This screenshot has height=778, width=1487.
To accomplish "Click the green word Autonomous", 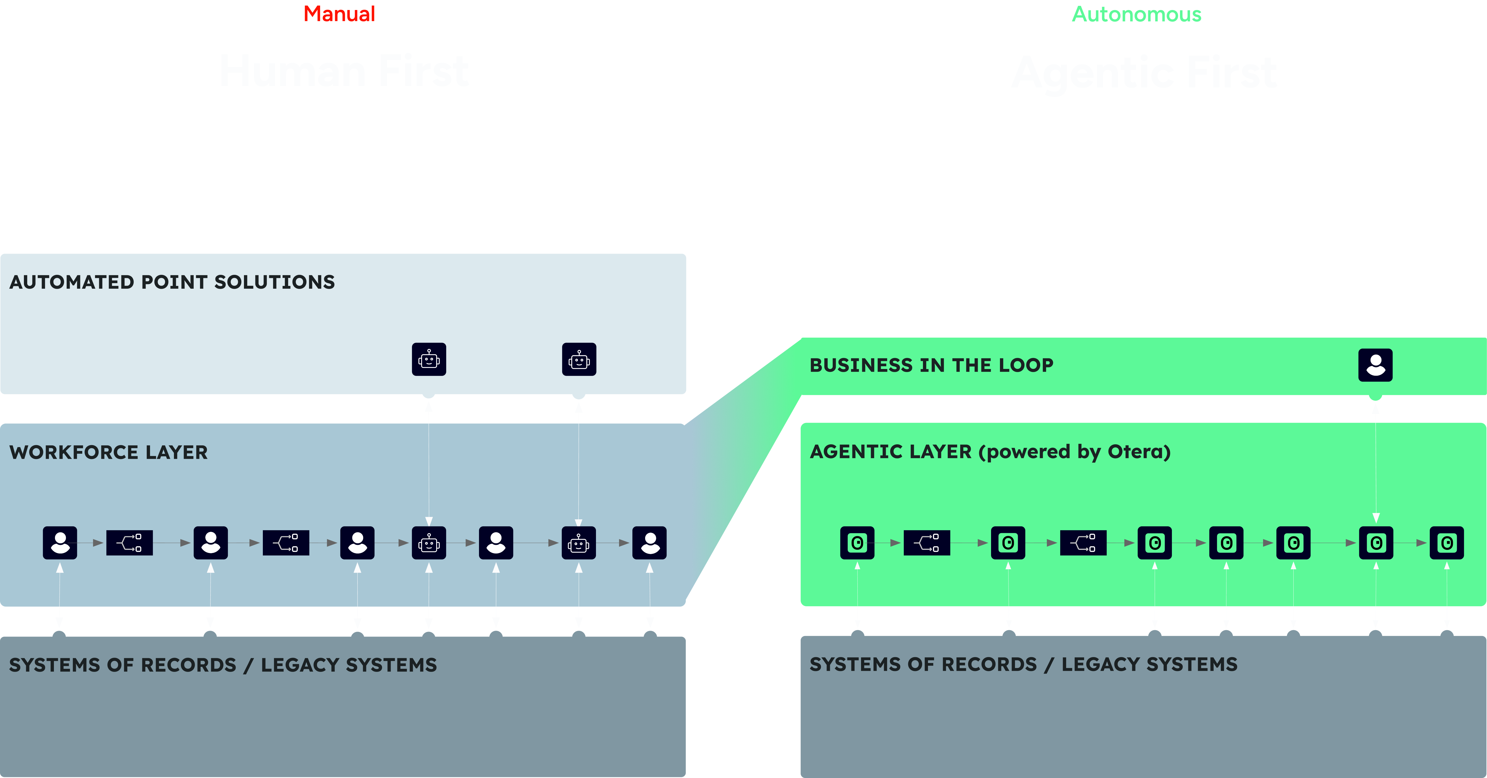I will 1136,14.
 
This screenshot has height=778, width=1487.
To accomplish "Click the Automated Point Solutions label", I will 172,282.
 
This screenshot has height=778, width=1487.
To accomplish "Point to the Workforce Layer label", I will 109,452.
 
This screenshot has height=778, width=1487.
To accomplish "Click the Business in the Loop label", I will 931,365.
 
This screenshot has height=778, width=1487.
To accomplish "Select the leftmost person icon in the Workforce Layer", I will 60,543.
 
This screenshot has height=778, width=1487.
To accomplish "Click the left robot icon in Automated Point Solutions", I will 429,360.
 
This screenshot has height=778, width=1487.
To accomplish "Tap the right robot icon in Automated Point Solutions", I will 579,360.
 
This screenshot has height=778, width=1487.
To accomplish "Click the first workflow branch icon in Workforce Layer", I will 129,543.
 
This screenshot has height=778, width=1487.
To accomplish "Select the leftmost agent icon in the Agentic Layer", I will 857,543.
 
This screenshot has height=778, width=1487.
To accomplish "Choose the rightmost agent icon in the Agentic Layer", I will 1447,543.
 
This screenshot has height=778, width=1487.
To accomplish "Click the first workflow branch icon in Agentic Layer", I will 927,543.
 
